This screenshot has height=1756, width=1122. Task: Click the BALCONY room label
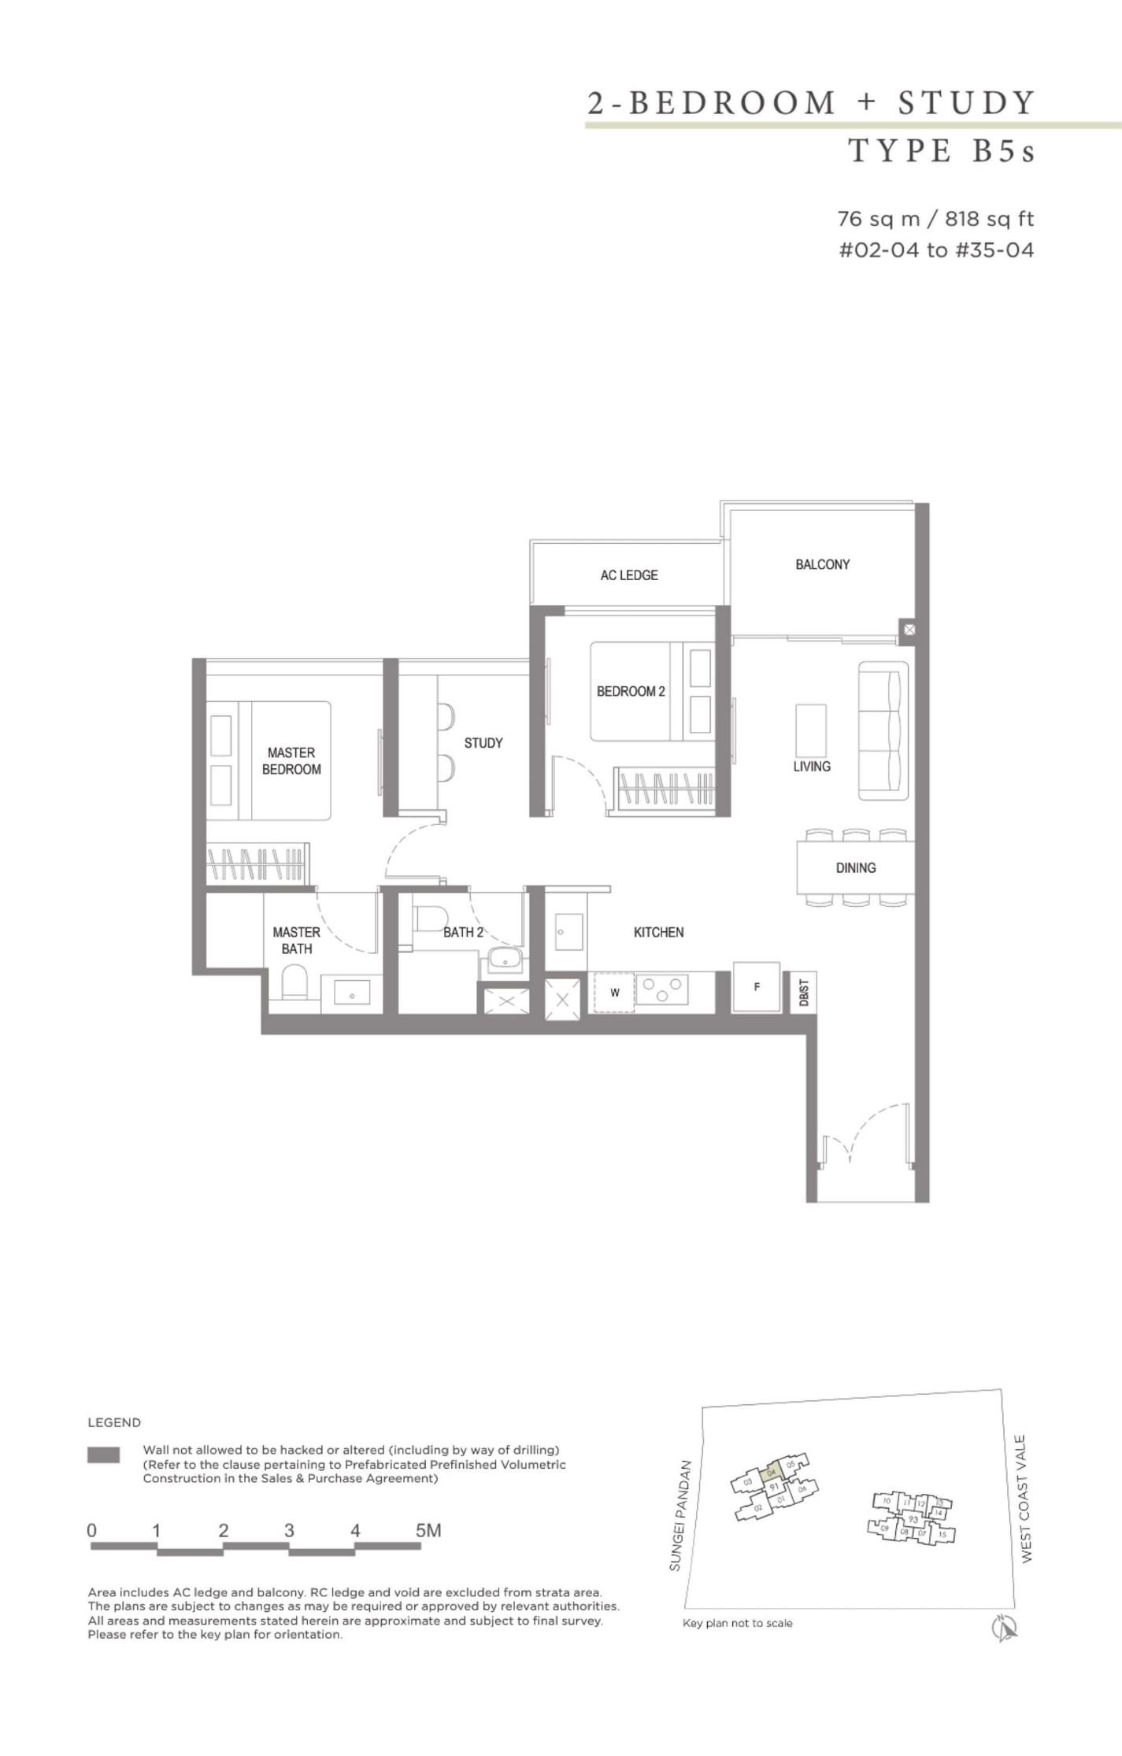click(x=822, y=564)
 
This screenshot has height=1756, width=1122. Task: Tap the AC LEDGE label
click(x=628, y=575)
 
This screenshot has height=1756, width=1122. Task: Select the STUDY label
click(x=483, y=742)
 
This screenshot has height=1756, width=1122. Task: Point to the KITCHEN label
click(x=658, y=932)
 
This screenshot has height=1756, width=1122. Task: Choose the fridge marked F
click(x=756, y=986)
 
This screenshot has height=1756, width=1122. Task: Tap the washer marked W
click(x=614, y=993)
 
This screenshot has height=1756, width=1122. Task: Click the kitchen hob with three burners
click(x=661, y=989)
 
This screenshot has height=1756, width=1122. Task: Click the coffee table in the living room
click(x=811, y=730)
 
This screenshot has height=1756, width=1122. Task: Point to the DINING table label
click(x=855, y=867)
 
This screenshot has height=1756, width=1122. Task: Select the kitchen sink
click(x=568, y=932)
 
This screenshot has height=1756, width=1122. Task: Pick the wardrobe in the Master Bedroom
click(x=257, y=863)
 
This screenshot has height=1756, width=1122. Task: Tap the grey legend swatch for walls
click(x=104, y=1455)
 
